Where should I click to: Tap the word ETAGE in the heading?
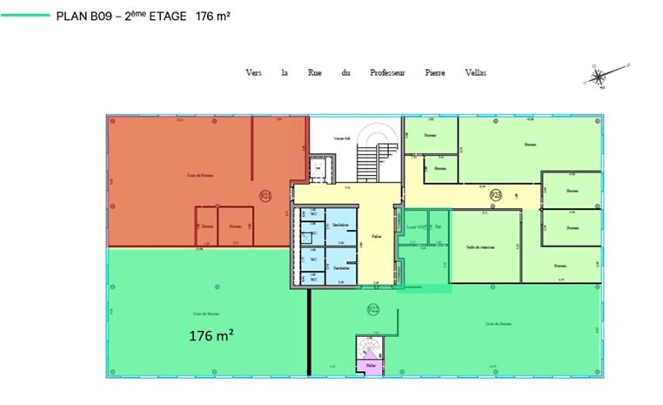[167, 16]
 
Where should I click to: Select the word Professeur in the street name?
[387, 72]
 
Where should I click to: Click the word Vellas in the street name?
[476, 72]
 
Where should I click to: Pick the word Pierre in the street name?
[435, 72]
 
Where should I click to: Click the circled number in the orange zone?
[265, 194]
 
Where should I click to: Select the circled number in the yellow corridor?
[496, 194]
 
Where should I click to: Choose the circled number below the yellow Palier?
[373, 308]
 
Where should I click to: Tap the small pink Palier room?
[371, 367]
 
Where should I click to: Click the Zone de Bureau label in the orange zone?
[200, 175]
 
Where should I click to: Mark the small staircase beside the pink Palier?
[368, 348]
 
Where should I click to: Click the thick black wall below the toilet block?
[309, 331]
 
